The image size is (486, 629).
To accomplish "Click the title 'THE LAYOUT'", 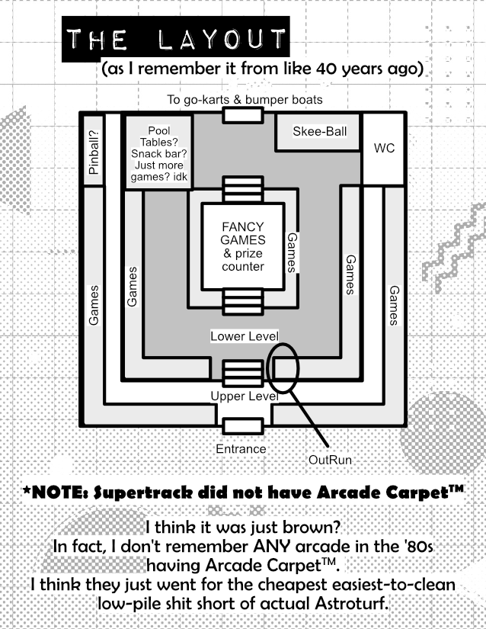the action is (175, 39).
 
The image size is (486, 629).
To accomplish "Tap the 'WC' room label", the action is (384, 148).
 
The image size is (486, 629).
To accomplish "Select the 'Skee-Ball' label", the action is (320, 131).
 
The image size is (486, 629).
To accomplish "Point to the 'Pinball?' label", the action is (94, 152).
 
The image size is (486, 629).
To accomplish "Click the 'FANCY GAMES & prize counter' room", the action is (243, 246).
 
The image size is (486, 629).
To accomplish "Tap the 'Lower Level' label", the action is (245, 336).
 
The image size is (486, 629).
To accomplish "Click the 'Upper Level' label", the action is (245, 396).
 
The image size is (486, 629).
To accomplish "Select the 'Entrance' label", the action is (241, 448).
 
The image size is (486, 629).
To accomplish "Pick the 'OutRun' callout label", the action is (330, 460).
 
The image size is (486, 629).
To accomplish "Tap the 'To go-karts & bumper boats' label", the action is (245, 99).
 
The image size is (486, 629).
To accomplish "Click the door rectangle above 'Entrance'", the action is (243, 426).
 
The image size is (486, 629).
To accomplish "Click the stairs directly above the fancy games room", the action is (243, 189).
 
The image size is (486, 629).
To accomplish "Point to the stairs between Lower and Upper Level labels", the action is (243, 373).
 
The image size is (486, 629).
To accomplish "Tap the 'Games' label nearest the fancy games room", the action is (292, 252).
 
